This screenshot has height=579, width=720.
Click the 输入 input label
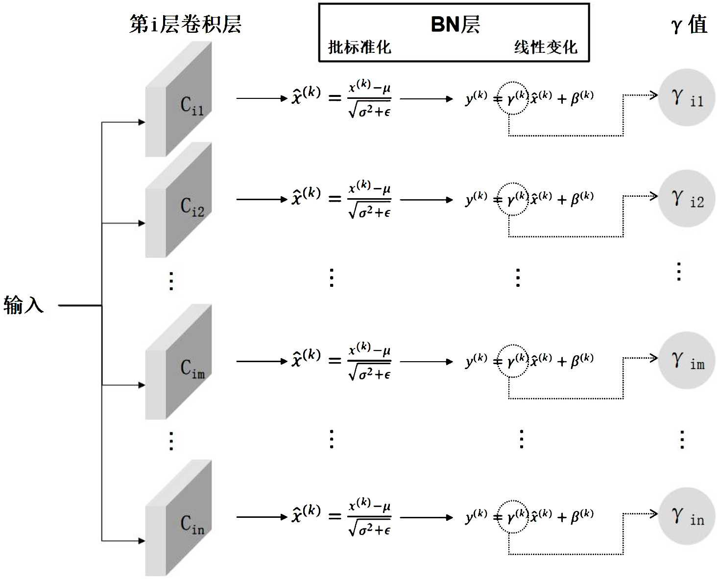point(24,305)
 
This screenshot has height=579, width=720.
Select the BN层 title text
point(455,24)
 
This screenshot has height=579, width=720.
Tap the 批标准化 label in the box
point(359,47)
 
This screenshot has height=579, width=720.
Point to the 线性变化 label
point(545,47)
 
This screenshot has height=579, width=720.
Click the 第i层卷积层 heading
point(185,24)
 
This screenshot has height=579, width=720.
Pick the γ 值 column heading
point(689,24)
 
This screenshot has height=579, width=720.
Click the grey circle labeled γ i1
point(687,97)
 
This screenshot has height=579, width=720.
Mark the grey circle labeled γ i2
point(687,198)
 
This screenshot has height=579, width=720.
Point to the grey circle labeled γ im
point(687,361)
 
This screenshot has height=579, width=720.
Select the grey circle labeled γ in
point(687,516)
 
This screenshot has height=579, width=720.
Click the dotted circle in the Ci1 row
point(512,98)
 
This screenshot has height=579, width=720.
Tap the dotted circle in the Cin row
point(512,516)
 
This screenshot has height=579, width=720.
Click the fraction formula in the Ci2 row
point(369,200)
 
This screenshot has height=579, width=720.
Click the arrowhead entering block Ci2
point(142,223)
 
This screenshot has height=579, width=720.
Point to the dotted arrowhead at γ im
point(653,358)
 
